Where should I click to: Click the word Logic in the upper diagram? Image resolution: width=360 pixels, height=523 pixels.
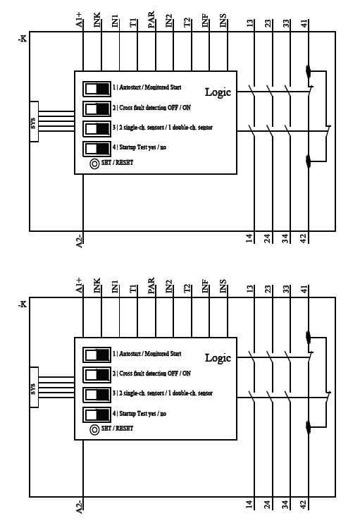(x=218, y=92)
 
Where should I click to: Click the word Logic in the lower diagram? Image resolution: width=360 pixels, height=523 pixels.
(x=218, y=358)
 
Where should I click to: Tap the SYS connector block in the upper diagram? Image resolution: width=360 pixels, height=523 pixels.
(x=34, y=121)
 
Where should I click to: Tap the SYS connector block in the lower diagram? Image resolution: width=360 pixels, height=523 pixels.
(x=34, y=387)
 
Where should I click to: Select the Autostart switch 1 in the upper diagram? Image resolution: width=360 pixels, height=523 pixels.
(x=97, y=89)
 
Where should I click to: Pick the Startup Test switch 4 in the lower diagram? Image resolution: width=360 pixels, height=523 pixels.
(x=97, y=415)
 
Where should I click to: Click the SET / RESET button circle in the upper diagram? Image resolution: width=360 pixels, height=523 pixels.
(x=94, y=164)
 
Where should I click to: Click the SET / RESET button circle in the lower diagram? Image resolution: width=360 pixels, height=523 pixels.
(x=94, y=430)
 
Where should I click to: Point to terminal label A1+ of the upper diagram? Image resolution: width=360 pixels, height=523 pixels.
(x=79, y=20)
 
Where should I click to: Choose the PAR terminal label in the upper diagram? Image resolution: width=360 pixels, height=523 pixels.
(x=151, y=20)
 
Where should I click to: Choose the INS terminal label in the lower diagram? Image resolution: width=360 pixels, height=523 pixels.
(x=223, y=286)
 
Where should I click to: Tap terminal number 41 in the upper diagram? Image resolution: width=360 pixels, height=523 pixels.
(x=304, y=23)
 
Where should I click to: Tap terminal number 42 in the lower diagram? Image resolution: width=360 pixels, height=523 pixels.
(x=303, y=505)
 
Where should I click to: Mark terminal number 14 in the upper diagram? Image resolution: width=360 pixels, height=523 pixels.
(x=249, y=238)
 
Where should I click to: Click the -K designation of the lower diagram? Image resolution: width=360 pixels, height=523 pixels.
(x=23, y=304)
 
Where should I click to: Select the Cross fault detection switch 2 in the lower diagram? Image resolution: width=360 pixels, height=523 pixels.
(x=97, y=375)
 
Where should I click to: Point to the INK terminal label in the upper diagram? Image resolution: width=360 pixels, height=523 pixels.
(x=97, y=20)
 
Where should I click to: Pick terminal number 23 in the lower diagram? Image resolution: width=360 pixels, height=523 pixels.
(x=268, y=289)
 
